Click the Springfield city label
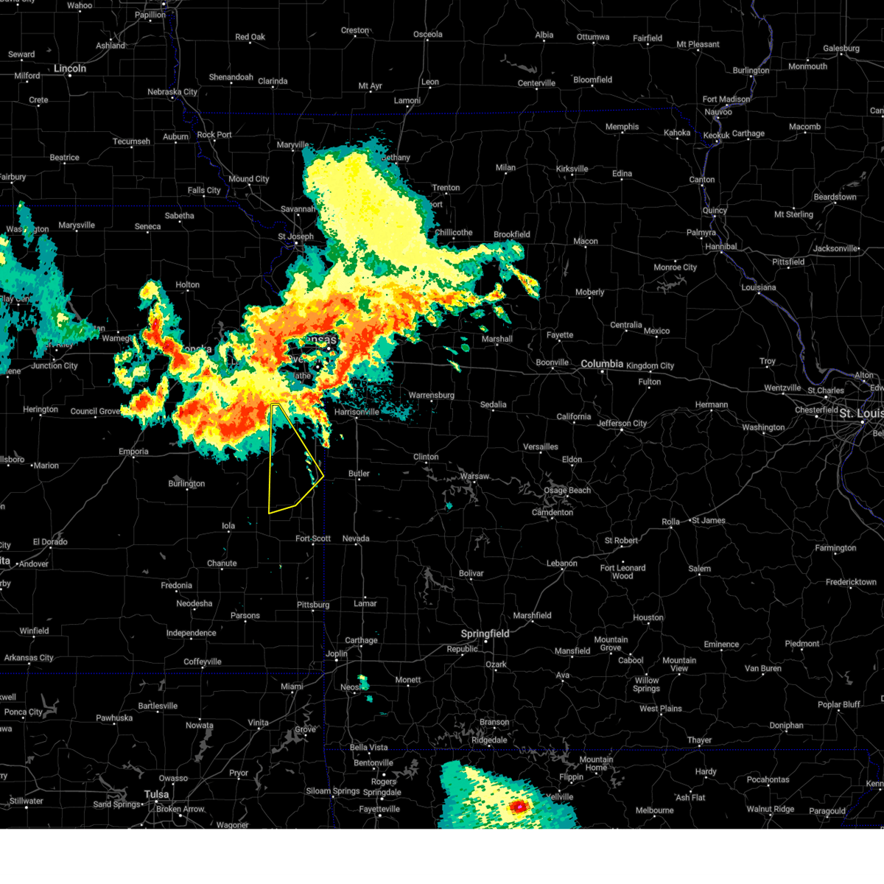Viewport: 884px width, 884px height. coord(485,634)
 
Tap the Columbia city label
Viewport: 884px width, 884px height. coord(602,364)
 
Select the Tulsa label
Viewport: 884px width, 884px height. coord(156,794)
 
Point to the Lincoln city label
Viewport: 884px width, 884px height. coord(70,69)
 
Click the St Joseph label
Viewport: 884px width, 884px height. coord(295,236)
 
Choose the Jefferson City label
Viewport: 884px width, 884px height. coord(622,424)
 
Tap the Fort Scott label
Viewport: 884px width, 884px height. coord(313,539)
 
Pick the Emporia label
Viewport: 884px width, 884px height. coord(133,452)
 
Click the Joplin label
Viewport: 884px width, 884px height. coord(337,653)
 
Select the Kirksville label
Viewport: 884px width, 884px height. coord(572,169)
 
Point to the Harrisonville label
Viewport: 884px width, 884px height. coord(357,412)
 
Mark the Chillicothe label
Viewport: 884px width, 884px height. coord(453,232)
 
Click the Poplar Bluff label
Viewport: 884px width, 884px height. coord(838,704)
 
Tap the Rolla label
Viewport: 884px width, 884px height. coord(670,522)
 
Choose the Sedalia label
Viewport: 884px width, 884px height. coord(493,404)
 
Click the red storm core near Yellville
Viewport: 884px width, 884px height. coord(519,807)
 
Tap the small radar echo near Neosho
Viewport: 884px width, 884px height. coord(363,682)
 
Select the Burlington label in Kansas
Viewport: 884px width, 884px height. coord(186,484)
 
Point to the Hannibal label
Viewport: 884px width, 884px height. coord(720,247)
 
